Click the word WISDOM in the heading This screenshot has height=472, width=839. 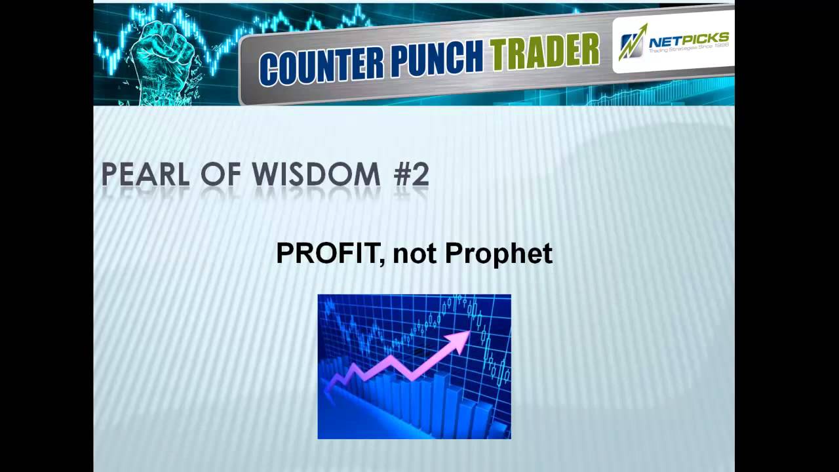[324, 175]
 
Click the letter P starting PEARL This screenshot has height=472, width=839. [111, 175]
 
